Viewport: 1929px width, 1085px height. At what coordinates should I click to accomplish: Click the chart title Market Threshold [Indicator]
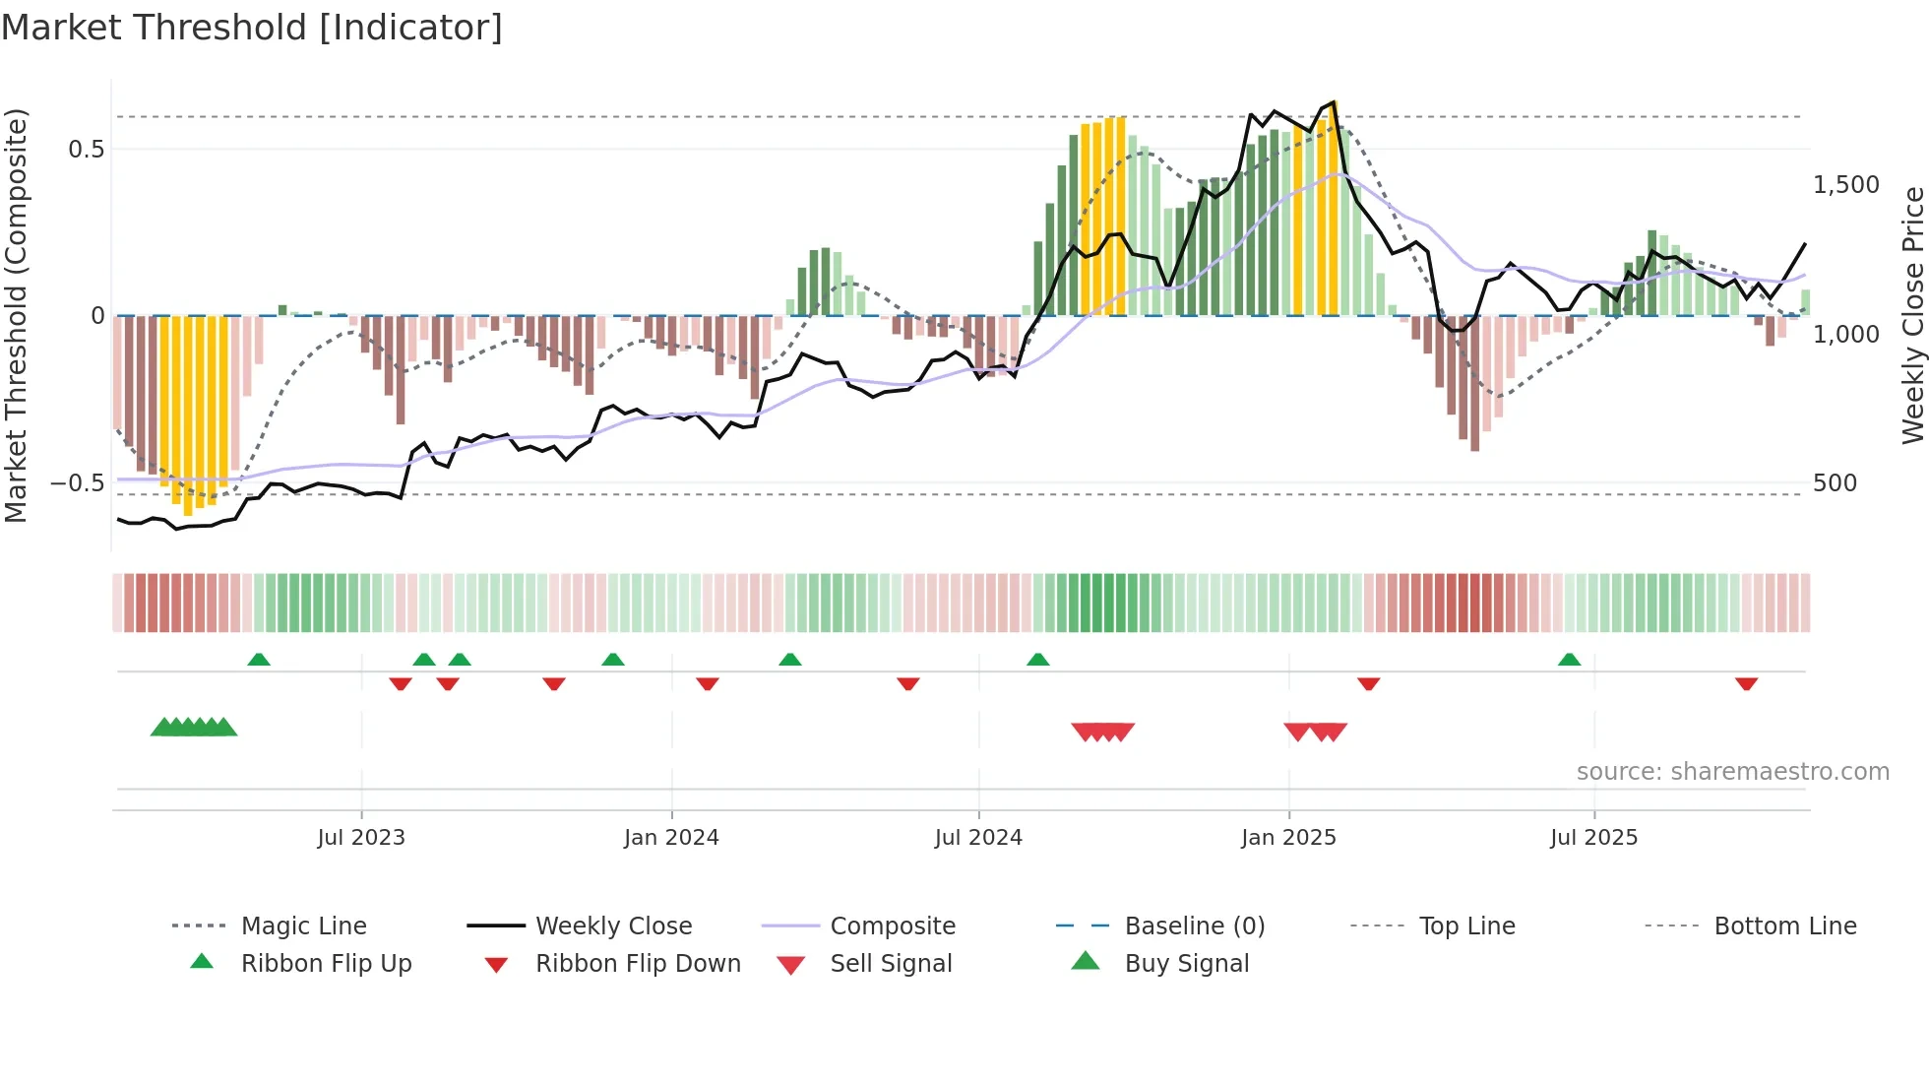tap(252, 28)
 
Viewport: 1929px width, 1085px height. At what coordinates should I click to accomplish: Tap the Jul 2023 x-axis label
tap(361, 838)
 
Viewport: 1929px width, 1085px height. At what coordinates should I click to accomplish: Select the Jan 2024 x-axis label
tap(671, 838)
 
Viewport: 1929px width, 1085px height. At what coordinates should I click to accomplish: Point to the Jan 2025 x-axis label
tap(1288, 838)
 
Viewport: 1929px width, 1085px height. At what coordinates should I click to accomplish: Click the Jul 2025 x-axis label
tap(1593, 838)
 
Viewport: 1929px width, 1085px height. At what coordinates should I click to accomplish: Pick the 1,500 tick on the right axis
tap(1846, 185)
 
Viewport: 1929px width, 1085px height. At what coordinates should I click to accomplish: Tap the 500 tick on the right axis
tap(1835, 483)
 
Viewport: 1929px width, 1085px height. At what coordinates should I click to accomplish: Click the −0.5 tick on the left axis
tap(77, 483)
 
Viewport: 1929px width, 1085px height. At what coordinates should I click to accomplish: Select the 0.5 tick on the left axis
tap(86, 150)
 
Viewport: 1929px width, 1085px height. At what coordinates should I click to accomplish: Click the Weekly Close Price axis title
tap(1912, 315)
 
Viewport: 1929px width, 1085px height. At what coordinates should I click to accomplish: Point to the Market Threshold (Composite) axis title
tap(16, 315)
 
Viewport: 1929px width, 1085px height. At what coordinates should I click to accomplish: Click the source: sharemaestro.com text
tap(1732, 772)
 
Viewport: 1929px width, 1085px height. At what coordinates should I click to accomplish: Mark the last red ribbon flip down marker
tap(1746, 683)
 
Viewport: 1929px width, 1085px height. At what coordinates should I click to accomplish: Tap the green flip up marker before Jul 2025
tap(1569, 660)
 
